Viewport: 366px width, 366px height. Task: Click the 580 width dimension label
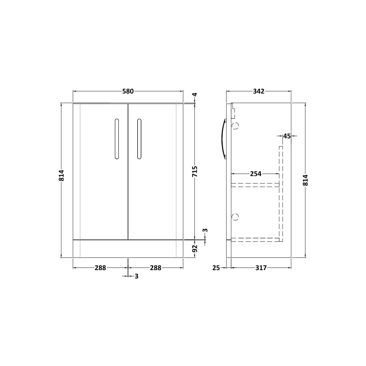click(x=128, y=91)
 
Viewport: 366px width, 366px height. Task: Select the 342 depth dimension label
click(x=259, y=91)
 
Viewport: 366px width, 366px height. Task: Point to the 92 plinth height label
click(x=195, y=249)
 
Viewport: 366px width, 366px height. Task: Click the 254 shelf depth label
click(x=256, y=174)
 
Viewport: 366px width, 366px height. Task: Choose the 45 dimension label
click(x=287, y=136)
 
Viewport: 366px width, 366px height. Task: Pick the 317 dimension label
click(x=261, y=268)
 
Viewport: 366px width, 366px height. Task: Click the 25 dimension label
click(x=216, y=268)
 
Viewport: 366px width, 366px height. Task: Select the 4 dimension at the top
click(x=195, y=94)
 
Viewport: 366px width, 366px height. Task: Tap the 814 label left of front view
click(x=62, y=175)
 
